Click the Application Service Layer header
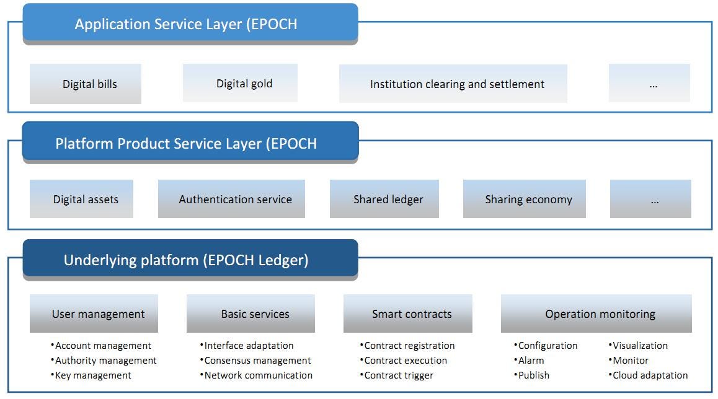pyautogui.click(x=190, y=24)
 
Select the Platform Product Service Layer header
pyautogui.click(x=190, y=142)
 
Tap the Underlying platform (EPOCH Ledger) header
pyautogui.click(x=190, y=260)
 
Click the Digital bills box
pyautogui.click(x=86, y=84)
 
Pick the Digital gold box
pyautogui.click(x=240, y=83)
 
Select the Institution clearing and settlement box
pyautogui.click(x=453, y=84)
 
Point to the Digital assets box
pyautogui.click(x=81, y=199)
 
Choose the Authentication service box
pyautogui.click(x=231, y=199)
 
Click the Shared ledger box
pyautogui.click(x=384, y=199)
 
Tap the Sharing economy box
pyautogui.click(x=525, y=199)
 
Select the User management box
pyautogui.click(x=94, y=313)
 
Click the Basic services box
pyautogui.click(x=251, y=313)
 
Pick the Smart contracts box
pyautogui.click(x=408, y=313)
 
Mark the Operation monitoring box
pyautogui.click(x=596, y=313)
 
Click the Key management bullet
pyautogui.click(x=91, y=375)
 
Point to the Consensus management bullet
pyautogui.click(x=255, y=361)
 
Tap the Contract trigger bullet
pyautogui.click(x=397, y=375)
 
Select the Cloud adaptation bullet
pyautogui.click(x=648, y=375)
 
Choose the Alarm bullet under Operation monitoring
pyautogui.click(x=530, y=361)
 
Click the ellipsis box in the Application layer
pyautogui.click(x=649, y=83)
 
